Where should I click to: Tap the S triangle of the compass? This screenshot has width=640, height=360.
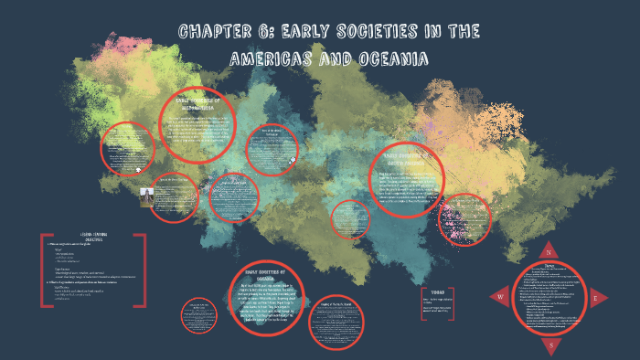pos(552,345)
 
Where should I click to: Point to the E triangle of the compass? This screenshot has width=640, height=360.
pos(595,298)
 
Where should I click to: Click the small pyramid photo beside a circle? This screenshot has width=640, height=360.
pos(146,198)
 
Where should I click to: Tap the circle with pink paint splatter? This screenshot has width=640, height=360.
pos(465,219)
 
